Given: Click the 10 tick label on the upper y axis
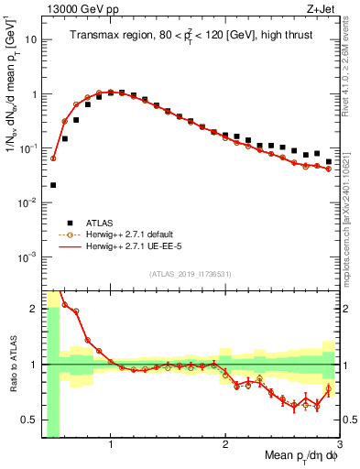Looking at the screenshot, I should [29, 40].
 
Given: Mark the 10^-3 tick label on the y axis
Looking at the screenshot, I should [27, 256].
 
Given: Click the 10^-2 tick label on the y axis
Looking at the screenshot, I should [27, 202].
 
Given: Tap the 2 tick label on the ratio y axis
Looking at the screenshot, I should [33, 309].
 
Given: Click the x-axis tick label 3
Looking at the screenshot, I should [339, 444].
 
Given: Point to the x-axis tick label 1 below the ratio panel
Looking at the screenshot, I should [111, 444].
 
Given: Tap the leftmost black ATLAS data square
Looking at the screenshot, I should [53, 185].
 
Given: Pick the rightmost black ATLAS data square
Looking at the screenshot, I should [328, 162].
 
